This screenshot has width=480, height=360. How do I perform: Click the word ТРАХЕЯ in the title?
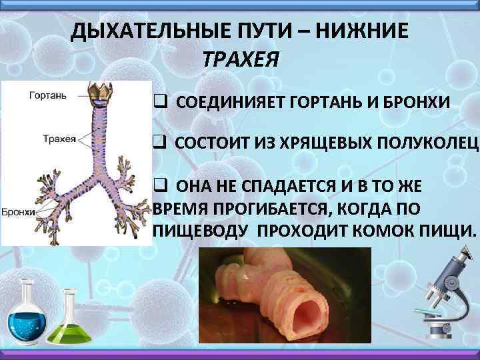(x=239, y=60)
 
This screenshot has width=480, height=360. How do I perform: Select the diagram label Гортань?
(x=47, y=96)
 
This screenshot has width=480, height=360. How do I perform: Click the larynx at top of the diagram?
(x=103, y=94)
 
